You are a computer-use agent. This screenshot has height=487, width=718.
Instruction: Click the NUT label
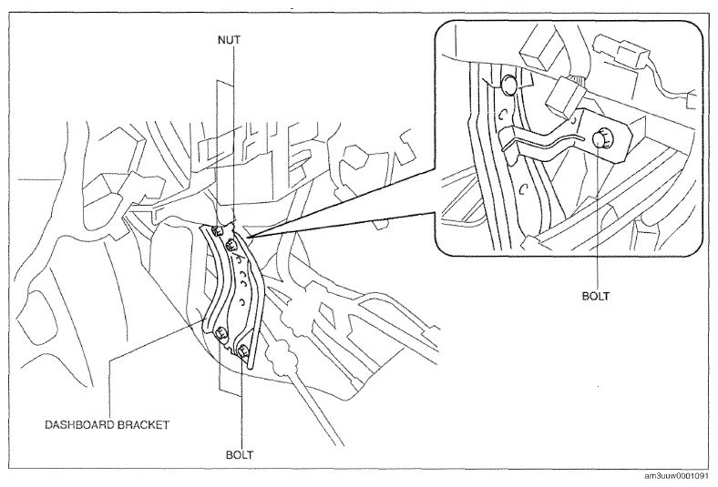[x=229, y=40]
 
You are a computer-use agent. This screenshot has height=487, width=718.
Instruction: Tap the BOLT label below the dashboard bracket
[x=240, y=455]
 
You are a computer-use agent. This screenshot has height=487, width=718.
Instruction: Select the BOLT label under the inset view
[x=596, y=296]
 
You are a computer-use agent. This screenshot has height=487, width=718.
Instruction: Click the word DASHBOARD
[x=79, y=425]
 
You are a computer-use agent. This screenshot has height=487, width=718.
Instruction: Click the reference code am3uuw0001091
[x=680, y=476]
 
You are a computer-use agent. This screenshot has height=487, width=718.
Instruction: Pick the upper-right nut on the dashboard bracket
[x=231, y=246]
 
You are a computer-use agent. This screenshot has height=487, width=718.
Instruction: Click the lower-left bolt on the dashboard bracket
[x=221, y=334]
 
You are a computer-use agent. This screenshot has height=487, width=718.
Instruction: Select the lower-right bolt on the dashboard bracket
[x=242, y=351]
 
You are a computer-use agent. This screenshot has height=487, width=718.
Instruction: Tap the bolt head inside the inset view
[x=600, y=139]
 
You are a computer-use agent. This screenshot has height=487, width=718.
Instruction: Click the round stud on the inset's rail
[x=509, y=85]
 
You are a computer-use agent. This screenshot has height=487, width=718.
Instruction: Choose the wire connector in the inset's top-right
[x=621, y=49]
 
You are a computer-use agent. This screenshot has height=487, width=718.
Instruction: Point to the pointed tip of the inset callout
[x=251, y=237]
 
